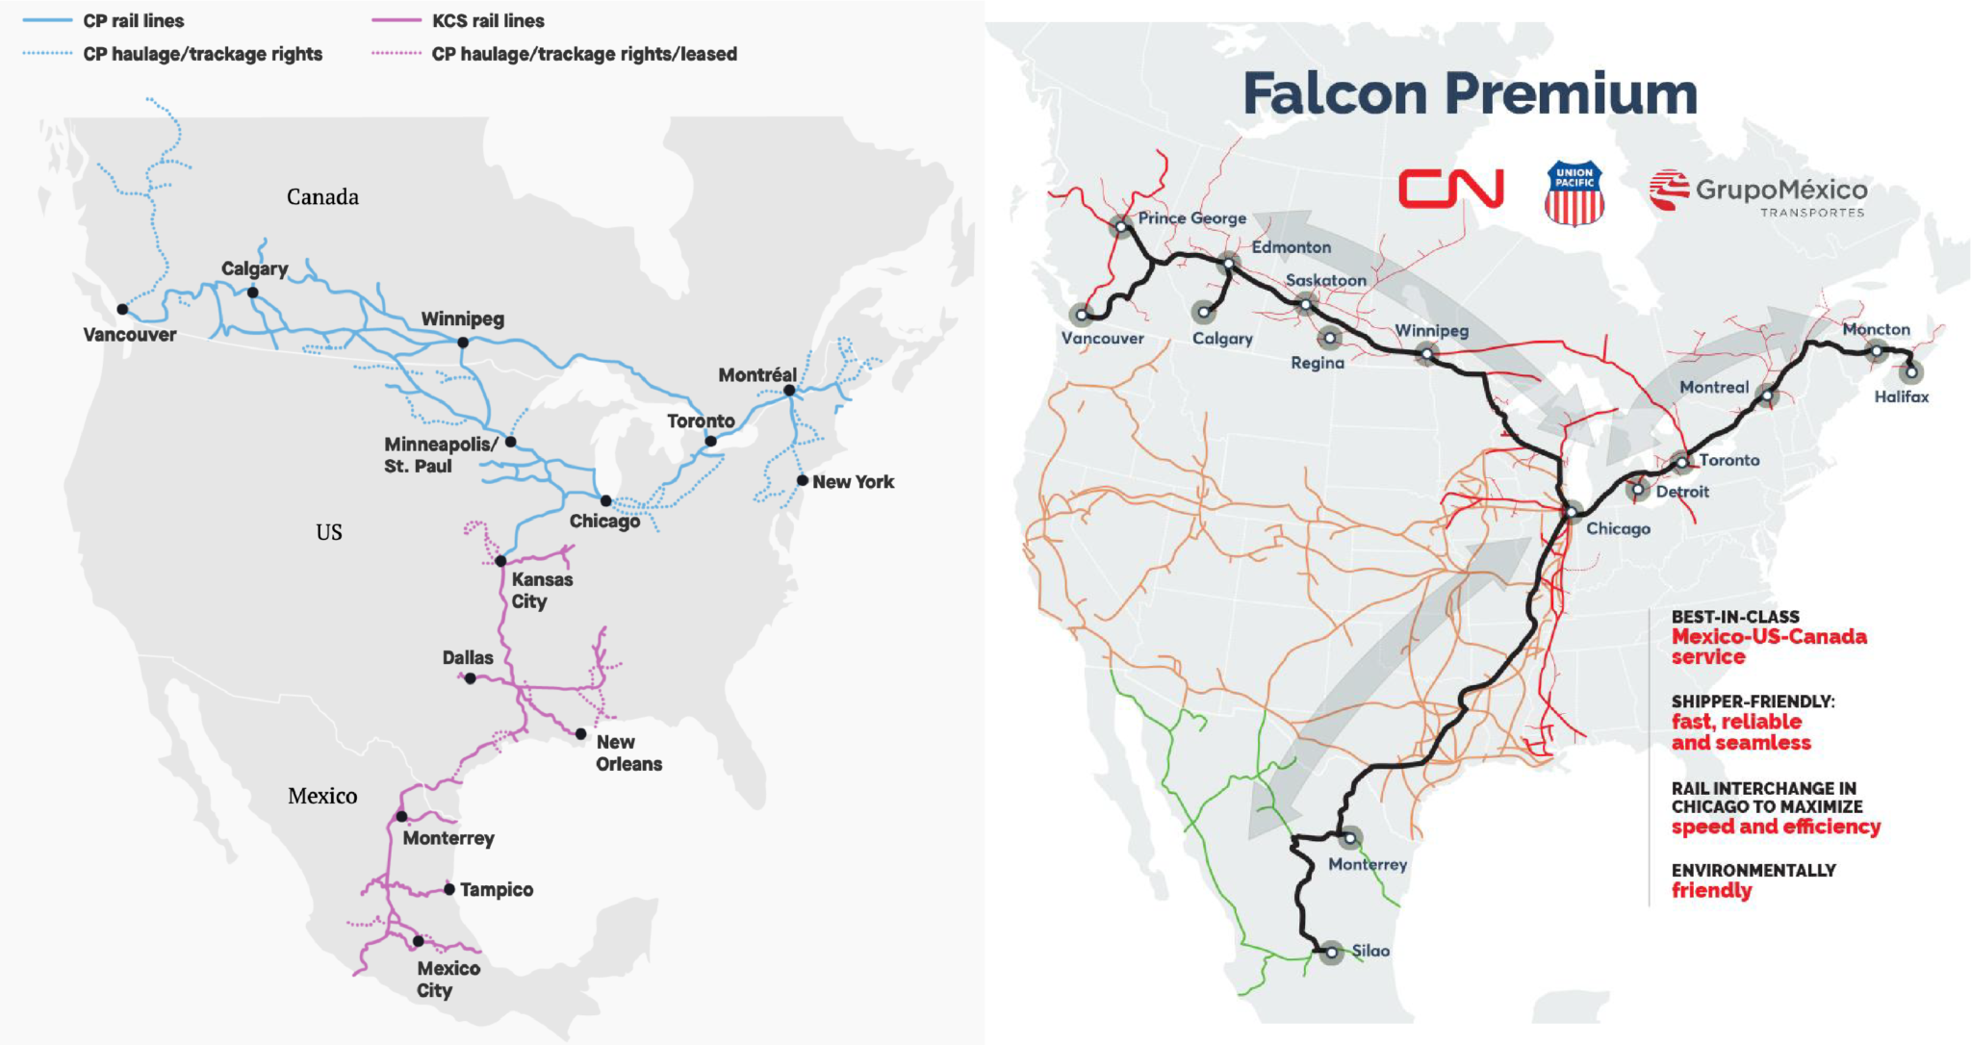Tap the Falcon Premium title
pos(1470,94)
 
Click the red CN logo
pos(1450,189)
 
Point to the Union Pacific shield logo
pos(1574,193)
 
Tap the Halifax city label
pos(1901,396)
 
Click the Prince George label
pos(1191,218)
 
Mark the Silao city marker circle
pos(1331,953)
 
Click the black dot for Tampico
pos(449,889)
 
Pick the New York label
pos(853,482)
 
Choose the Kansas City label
pos(541,590)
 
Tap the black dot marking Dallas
pos(470,678)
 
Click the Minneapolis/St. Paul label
pos(440,455)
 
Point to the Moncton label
pos(1876,329)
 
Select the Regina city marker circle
pos(1329,338)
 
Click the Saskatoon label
pos(1325,280)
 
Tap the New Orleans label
pos(628,752)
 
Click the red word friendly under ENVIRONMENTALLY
pos(1711,890)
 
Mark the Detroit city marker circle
pos(1637,490)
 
